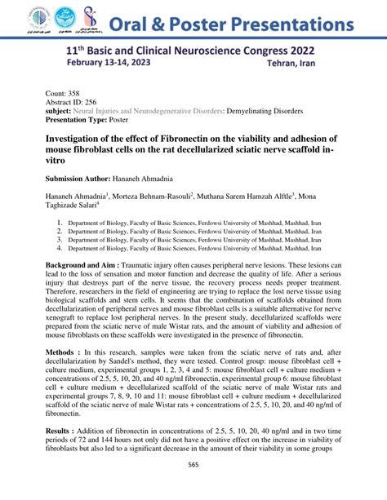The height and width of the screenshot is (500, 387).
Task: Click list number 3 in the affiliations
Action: pyautogui.click(x=58, y=240)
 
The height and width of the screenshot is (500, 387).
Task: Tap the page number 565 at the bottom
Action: pyautogui.click(x=193, y=487)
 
